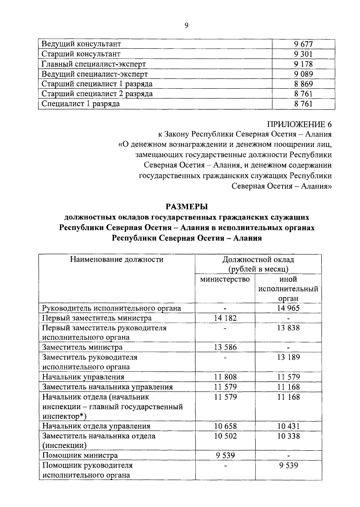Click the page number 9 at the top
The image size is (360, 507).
tap(186, 26)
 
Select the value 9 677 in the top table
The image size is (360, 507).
tap(303, 44)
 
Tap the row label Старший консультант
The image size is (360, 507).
tap(81, 54)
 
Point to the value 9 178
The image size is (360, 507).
tap(303, 64)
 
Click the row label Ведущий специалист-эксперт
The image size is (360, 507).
tap(94, 74)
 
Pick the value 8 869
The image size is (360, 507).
tap(303, 84)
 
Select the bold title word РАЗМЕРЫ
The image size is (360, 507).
tap(187, 207)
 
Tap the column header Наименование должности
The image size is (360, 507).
tap(117, 259)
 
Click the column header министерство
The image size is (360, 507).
tap(225, 279)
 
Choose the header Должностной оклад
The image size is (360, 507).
tap(258, 259)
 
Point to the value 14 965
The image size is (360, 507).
tap(288, 308)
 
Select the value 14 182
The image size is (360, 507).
tap(225, 318)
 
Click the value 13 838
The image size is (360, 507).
tap(288, 328)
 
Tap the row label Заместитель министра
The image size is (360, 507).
tap(82, 347)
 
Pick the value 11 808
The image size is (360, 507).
tap(225, 377)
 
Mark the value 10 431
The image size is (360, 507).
tap(288, 426)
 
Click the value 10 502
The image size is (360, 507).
tap(225, 436)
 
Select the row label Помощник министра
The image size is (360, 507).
tap(80, 455)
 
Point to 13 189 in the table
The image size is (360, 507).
tap(288, 357)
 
